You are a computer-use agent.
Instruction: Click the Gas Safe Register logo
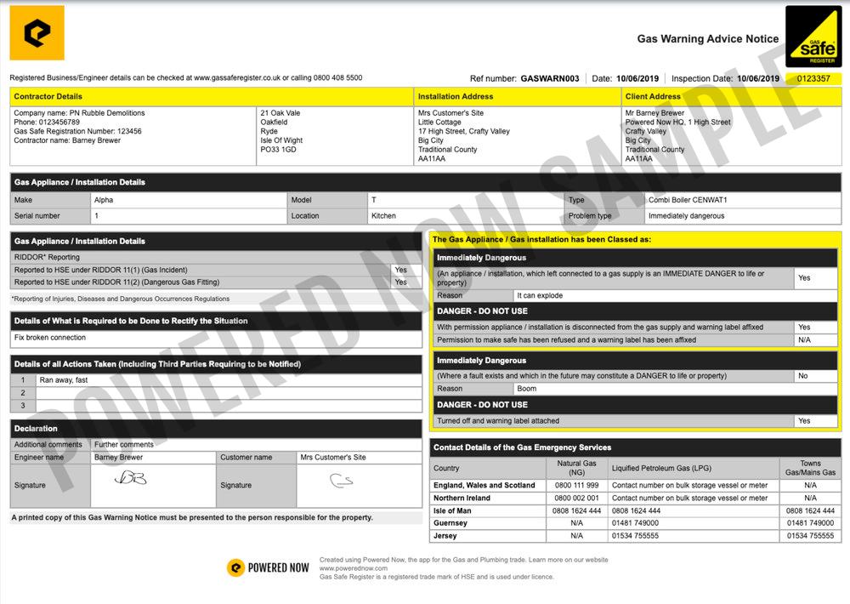pyautogui.click(x=813, y=37)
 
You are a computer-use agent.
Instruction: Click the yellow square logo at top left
pyautogui.click(x=37, y=33)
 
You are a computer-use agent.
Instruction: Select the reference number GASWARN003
pyautogui.click(x=549, y=78)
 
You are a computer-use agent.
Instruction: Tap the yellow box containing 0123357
pyautogui.click(x=813, y=78)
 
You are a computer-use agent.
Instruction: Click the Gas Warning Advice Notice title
pyautogui.click(x=707, y=39)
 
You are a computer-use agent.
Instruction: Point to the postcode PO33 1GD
pyautogui.click(x=280, y=150)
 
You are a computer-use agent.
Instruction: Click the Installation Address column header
pyautogui.click(x=456, y=97)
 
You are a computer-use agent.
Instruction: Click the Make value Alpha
pyautogui.click(x=104, y=200)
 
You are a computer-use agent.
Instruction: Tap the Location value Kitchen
pyautogui.click(x=384, y=216)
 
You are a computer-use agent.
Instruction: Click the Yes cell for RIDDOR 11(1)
pyautogui.click(x=400, y=270)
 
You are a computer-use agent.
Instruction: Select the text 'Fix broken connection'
pyautogui.click(x=50, y=338)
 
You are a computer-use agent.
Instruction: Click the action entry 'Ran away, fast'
pyautogui.click(x=64, y=380)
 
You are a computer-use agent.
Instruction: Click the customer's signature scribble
pyautogui.click(x=341, y=481)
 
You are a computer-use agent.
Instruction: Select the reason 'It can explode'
pyautogui.click(x=539, y=295)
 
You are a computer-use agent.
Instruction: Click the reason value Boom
pyautogui.click(x=526, y=389)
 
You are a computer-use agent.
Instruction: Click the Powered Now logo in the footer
pyautogui.click(x=269, y=567)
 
